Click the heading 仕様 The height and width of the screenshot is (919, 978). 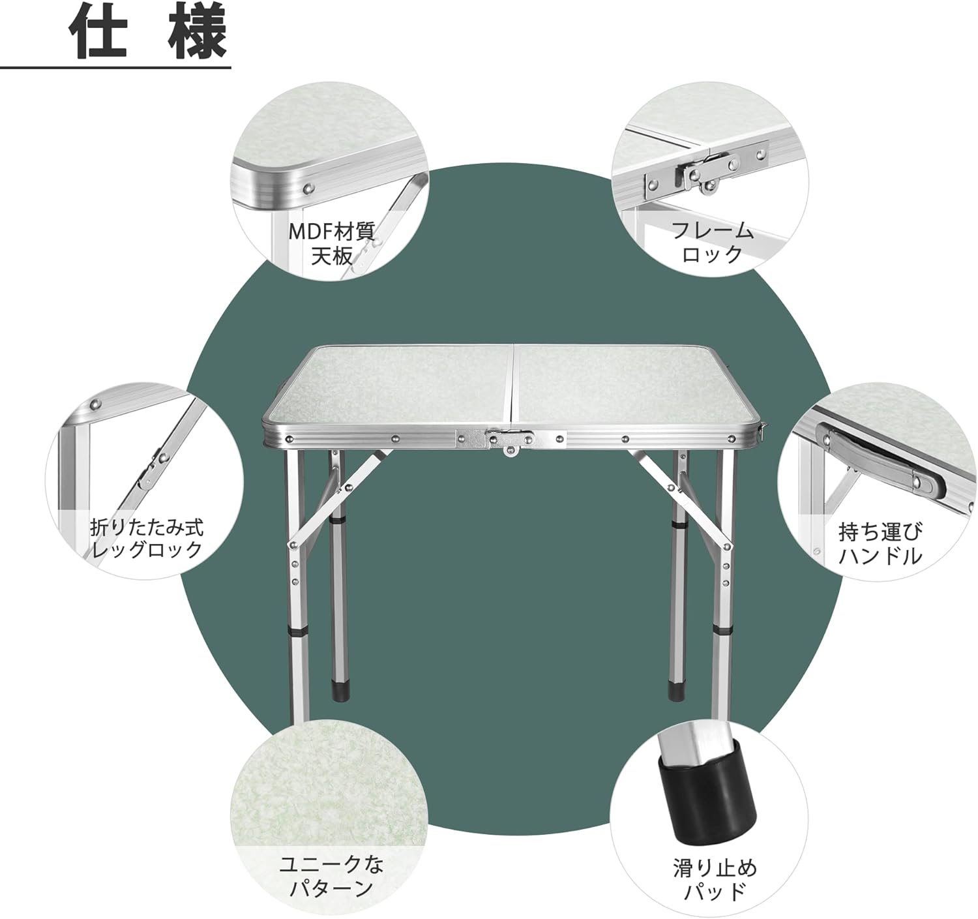tap(148, 33)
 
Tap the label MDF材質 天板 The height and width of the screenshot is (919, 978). tap(331, 243)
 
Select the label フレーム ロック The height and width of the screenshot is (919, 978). tap(713, 243)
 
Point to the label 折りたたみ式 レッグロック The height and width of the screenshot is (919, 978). tap(147, 539)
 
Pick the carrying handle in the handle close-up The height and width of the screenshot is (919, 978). tap(881, 460)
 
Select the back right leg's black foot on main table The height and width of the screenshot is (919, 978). tap(675, 690)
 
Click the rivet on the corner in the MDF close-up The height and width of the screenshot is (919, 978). tap(309, 188)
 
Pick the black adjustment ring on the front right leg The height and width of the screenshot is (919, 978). tap(721, 631)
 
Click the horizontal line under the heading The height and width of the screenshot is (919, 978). tap(115, 68)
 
